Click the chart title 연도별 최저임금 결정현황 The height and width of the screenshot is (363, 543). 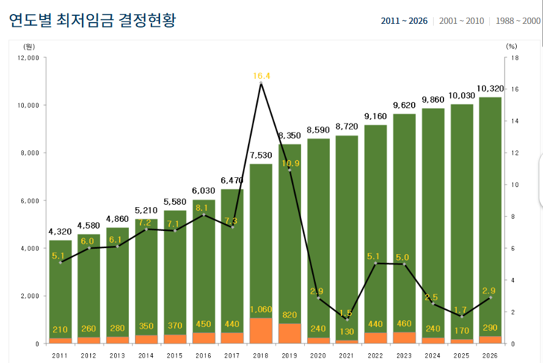click(x=92, y=20)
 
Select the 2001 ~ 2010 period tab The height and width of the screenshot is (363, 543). click(x=461, y=21)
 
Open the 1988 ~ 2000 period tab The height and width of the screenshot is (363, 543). click(x=518, y=21)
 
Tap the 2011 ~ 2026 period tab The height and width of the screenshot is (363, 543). click(x=404, y=21)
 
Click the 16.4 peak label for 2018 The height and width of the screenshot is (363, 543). click(x=261, y=76)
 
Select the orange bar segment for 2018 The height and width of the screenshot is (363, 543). click(x=261, y=331)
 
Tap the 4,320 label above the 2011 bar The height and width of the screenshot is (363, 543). click(x=60, y=232)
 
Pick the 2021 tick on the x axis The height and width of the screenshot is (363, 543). click(x=346, y=355)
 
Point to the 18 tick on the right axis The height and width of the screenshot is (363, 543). click(x=515, y=57)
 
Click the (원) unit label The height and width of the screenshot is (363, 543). click(x=29, y=46)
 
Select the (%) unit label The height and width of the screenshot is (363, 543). click(x=511, y=46)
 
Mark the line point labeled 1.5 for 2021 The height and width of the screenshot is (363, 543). click(x=347, y=320)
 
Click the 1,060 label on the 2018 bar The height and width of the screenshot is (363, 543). click(x=261, y=310)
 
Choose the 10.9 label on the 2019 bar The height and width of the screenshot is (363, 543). click(x=290, y=163)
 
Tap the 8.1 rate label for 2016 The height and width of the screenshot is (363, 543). click(x=204, y=208)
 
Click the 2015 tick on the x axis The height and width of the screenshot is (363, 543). click(x=175, y=355)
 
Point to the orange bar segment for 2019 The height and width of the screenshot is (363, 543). click(x=290, y=333)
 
